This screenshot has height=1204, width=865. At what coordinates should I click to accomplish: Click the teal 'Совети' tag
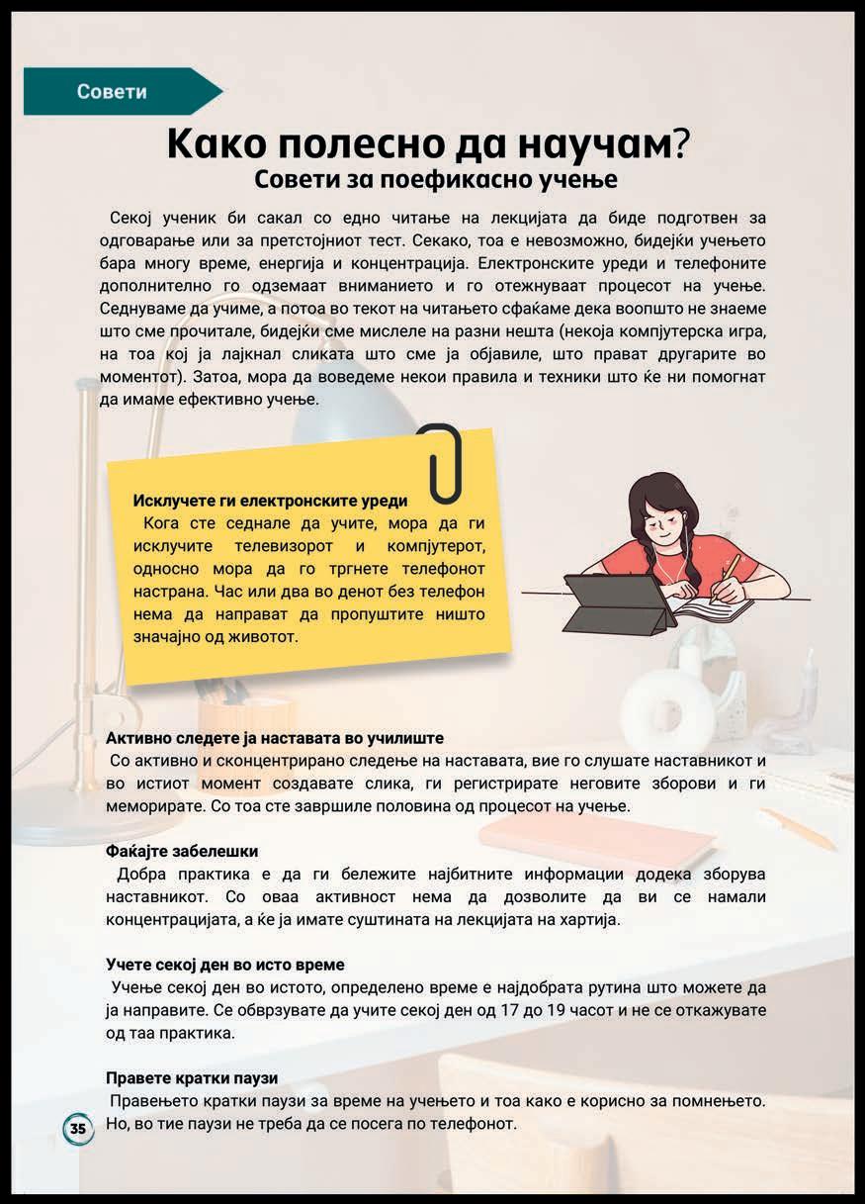[113, 92]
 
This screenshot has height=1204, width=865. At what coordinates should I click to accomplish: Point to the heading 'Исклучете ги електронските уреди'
[270, 501]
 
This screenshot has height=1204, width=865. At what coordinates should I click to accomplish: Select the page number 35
[78, 1129]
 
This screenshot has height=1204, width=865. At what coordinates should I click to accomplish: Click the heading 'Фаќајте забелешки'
[182, 851]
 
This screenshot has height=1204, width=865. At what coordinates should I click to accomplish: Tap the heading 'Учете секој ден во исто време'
[225, 964]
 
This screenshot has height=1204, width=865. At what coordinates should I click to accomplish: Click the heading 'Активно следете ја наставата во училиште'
[275, 738]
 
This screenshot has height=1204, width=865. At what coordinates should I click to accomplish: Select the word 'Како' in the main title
[220, 144]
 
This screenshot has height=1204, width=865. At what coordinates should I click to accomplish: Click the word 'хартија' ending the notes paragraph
[592, 919]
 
